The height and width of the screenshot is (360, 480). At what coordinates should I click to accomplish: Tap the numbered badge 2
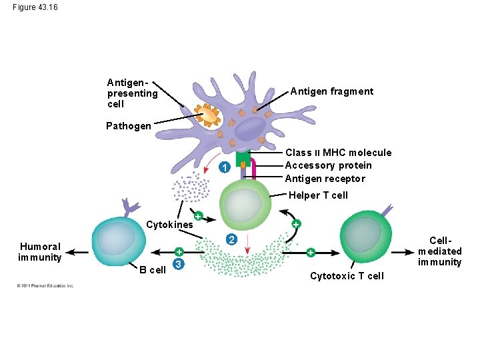click(230, 239)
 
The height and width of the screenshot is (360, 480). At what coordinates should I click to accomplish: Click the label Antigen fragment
click(331, 91)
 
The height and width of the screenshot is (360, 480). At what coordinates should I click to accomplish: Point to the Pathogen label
click(129, 126)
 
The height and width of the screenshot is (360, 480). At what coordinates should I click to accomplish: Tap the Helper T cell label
click(318, 195)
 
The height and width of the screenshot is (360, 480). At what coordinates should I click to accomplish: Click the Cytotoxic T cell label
click(347, 276)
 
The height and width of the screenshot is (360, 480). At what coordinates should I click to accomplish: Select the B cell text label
click(152, 270)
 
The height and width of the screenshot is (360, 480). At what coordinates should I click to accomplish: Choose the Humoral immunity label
click(40, 251)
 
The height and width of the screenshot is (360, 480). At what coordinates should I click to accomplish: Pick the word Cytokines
click(169, 225)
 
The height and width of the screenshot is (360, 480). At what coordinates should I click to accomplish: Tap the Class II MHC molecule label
click(338, 153)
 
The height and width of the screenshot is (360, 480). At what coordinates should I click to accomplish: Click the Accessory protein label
click(328, 165)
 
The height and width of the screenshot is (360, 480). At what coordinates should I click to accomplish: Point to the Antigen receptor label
click(325, 178)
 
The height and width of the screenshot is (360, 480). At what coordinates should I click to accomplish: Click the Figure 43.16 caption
click(35, 7)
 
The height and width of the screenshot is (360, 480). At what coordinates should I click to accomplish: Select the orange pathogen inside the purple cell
click(209, 116)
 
